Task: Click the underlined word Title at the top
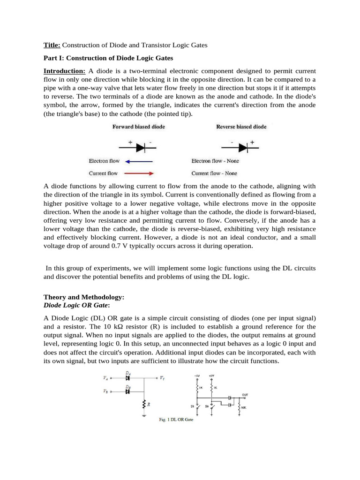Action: tap(52, 45)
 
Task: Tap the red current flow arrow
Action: tap(140, 173)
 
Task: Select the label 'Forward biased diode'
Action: tap(138, 127)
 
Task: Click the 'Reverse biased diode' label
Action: tap(241, 127)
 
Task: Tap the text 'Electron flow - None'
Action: tap(215, 161)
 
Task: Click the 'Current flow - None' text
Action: tap(215, 173)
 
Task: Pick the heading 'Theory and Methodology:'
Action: tap(84, 297)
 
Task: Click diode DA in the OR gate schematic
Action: tap(127, 377)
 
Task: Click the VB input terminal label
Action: tap(105, 389)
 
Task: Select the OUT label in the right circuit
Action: tap(245, 394)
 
